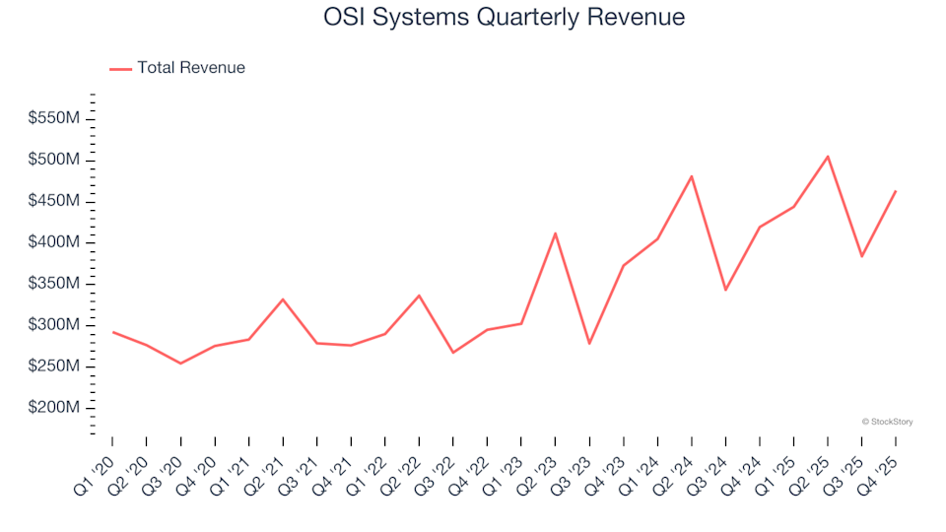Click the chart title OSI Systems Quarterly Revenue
coord(504,18)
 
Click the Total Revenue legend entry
coord(177,68)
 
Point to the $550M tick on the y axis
coord(53,118)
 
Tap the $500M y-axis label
coord(53,160)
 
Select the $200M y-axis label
coord(53,408)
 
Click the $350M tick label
coord(53,284)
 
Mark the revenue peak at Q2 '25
coord(828,156)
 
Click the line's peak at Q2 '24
coord(692,176)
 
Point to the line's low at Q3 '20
coord(180,364)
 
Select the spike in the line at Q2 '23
coord(556,233)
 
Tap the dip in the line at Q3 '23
coord(589,344)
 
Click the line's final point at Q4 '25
coord(896,191)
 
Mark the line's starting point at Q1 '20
coord(112,332)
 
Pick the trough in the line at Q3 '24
coord(725,290)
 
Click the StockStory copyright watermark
coord(887,422)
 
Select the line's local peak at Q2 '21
coord(283,299)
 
